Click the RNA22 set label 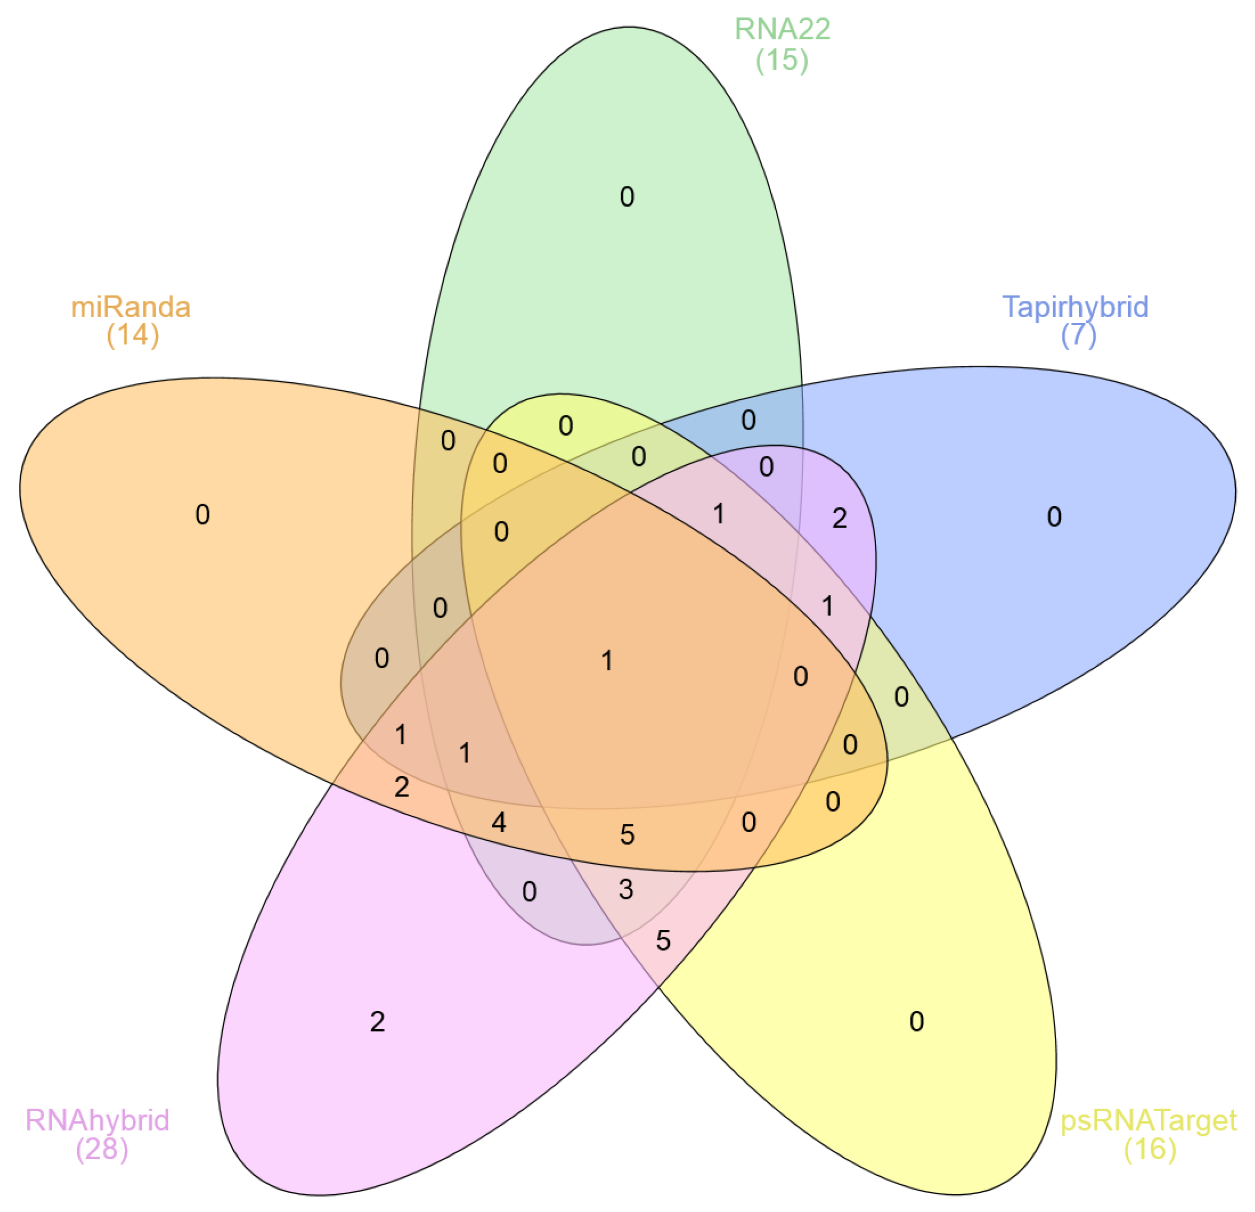tap(782, 29)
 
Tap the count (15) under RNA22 tap(782, 60)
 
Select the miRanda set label tap(131, 308)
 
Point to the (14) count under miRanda tap(132, 335)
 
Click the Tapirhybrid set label tap(1075, 307)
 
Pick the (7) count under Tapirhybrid tap(1078, 335)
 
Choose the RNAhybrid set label tap(97, 1120)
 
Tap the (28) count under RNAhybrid tap(102, 1149)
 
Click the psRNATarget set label tap(1149, 1120)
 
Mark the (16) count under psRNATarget tap(1150, 1149)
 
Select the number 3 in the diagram tap(626, 889)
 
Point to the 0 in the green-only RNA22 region tap(627, 197)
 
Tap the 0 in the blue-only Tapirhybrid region tap(1054, 517)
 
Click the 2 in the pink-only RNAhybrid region tap(377, 1022)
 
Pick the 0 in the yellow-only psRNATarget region tap(916, 1022)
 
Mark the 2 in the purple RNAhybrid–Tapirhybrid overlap tap(839, 518)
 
